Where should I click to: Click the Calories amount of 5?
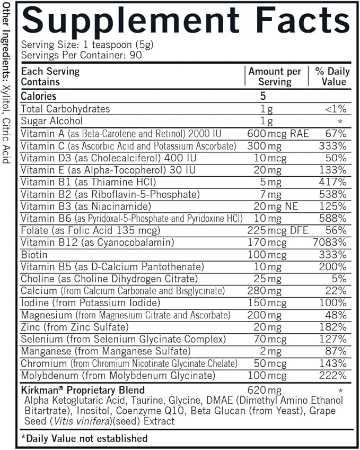pos(263,96)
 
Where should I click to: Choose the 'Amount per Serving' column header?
pos(275,76)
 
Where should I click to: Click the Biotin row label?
pos(34,255)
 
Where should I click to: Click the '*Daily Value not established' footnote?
pos(84,438)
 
